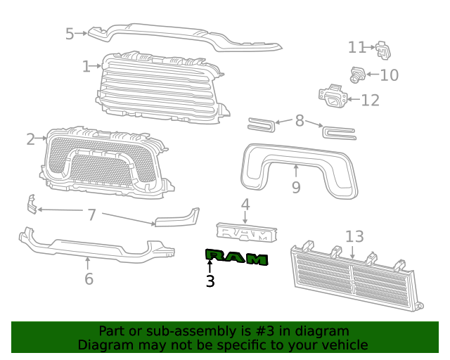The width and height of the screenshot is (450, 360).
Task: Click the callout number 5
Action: tap(70, 33)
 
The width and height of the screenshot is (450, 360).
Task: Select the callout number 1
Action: tap(86, 67)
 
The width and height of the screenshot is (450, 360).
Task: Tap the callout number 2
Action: tap(31, 139)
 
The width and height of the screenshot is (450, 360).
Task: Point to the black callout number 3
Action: tap(210, 281)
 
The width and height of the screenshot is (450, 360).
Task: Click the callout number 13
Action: tap(354, 237)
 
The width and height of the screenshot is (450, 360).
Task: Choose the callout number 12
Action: tap(370, 100)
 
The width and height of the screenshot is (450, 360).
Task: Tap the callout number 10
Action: tap(389, 75)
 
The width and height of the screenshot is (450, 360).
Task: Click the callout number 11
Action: tap(357, 47)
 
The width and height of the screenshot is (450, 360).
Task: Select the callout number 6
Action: tap(89, 278)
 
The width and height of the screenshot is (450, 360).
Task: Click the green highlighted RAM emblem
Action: tap(236, 257)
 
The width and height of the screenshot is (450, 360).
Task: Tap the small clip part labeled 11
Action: tap(382, 50)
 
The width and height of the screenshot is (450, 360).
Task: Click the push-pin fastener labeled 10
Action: tap(356, 73)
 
